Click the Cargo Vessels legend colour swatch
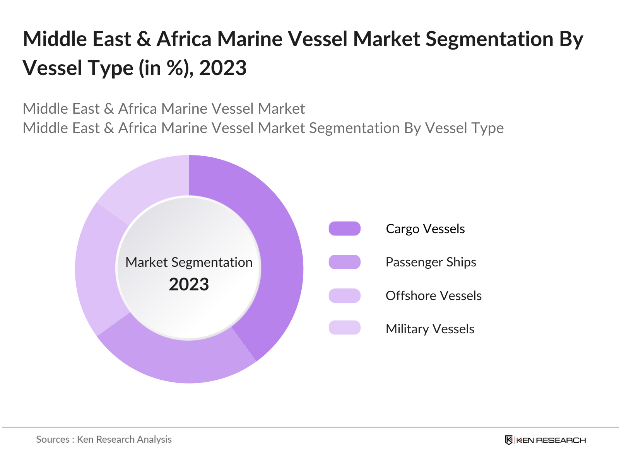pos(344,229)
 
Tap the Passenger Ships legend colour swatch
pos(344,262)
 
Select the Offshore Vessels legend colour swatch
pos(344,296)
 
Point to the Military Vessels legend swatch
pos(344,328)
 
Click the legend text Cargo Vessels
pos(425,229)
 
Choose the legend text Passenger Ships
pos(431,262)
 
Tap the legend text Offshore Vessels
pos(433,296)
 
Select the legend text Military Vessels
pos(430,329)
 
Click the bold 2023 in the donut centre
pos(189,285)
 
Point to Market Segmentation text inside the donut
pos(189,262)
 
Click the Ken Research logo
pos(545,440)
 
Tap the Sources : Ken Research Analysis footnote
pos(104,440)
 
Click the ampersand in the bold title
pos(144,39)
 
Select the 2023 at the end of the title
pos(223,68)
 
